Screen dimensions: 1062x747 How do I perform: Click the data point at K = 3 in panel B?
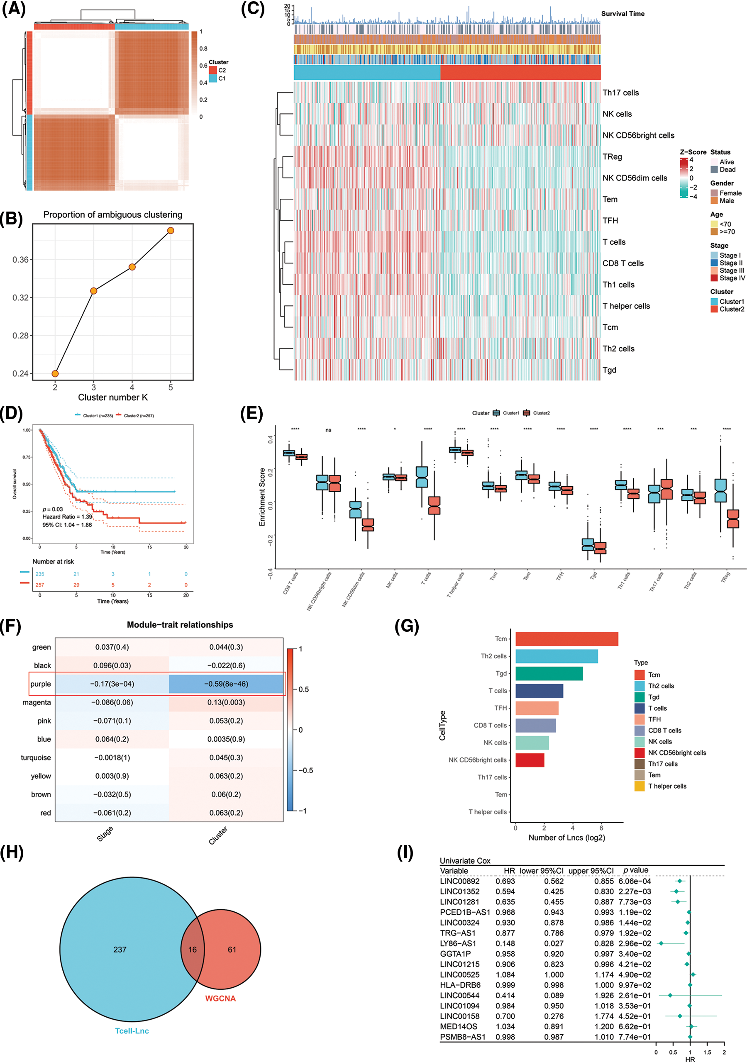click(93, 291)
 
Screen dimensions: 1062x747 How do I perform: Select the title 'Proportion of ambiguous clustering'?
click(112, 214)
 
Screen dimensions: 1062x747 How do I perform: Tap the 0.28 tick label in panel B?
click(20, 335)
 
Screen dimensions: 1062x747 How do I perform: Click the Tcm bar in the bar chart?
click(566, 639)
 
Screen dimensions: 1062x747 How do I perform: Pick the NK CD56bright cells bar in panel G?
click(530, 760)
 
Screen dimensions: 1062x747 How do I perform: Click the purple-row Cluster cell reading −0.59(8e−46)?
click(226, 684)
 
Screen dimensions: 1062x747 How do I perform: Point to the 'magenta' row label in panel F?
click(37, 703)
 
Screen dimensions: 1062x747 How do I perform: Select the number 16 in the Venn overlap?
click(193, 950)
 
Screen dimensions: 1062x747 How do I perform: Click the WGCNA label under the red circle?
click(220, 999)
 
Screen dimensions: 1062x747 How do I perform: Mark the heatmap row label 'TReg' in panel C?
click(612, 157)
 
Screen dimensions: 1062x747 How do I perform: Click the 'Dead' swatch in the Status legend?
click(714, 170)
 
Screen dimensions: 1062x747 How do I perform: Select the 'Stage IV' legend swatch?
click(714, 278)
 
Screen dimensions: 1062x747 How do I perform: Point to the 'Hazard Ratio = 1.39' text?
click(67, 516)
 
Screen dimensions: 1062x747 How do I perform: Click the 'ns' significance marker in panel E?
click(328, 430)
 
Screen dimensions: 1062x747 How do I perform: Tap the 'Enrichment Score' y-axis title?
click(262, 497)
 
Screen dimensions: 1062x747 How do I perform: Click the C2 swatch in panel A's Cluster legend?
click(213, 70)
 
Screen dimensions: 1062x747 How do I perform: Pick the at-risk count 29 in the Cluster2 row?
click(76, 585)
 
